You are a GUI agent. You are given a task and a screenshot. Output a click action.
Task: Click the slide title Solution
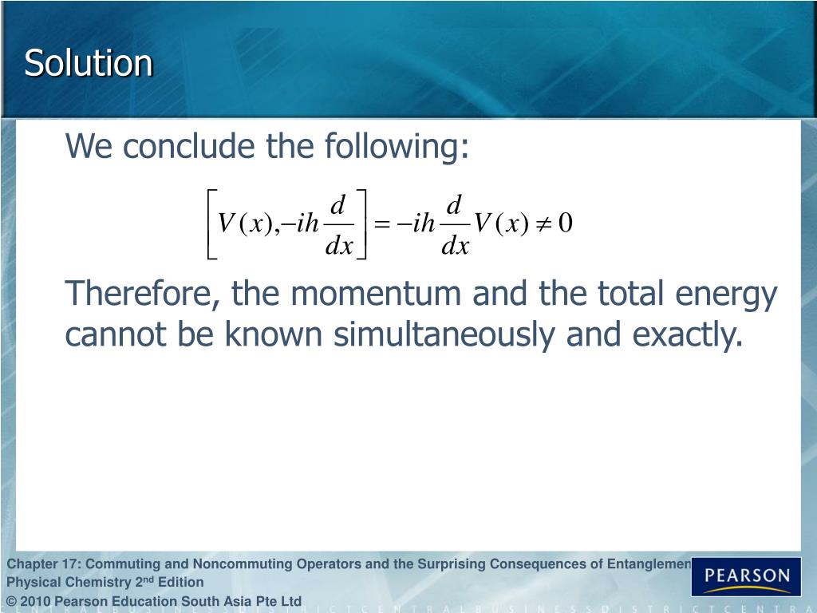point(88,64)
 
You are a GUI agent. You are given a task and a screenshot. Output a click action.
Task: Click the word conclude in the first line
point(172,147)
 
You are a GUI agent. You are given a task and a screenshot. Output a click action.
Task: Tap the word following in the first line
point(396,147)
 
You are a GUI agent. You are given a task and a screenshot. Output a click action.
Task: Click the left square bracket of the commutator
point(211,224)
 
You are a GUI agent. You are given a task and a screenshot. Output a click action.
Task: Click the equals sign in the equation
point(382,224)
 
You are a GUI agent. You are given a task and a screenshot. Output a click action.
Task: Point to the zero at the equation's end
point(566,223)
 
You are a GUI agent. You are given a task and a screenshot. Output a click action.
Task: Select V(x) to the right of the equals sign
point(501,224)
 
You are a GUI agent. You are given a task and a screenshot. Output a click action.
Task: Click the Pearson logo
point(746,576)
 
